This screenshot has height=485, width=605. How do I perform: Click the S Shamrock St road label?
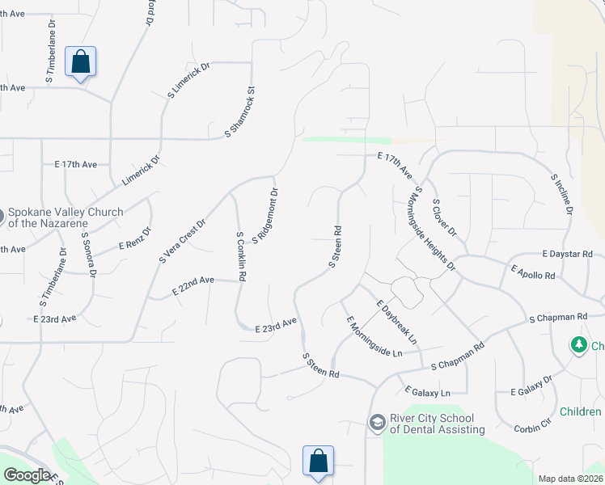tap(240, 112)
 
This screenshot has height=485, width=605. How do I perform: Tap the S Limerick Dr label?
tap(188, 80)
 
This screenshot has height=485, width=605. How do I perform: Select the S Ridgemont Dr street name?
tap(265, 216)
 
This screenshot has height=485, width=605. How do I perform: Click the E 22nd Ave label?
tap(193, 285)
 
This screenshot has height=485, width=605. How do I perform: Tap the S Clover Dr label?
tap(445, 217)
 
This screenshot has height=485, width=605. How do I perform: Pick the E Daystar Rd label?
tap(570, 254)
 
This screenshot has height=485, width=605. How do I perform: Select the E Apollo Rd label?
tap(533, 272)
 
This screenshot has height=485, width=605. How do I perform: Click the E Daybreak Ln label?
tap(396, 321)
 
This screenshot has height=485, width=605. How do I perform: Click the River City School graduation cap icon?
tap(377, 422)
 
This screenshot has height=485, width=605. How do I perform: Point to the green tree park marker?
tap(578, 346)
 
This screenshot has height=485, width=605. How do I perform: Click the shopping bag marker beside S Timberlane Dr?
tap(80, 61)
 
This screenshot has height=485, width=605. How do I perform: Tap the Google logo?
tap(27, 475)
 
